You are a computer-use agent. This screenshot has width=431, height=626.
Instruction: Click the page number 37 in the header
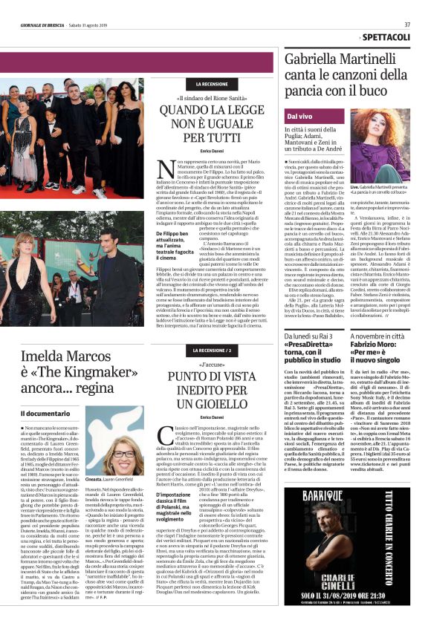pos(407,24)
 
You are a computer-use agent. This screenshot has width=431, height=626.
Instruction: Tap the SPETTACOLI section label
pos(386,36)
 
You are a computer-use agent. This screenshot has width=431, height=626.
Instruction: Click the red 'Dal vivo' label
pos(300,117)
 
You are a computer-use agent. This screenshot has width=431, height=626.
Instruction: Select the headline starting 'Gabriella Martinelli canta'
pos(346,77)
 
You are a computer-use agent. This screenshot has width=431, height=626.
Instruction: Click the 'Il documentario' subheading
pos(46,412)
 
